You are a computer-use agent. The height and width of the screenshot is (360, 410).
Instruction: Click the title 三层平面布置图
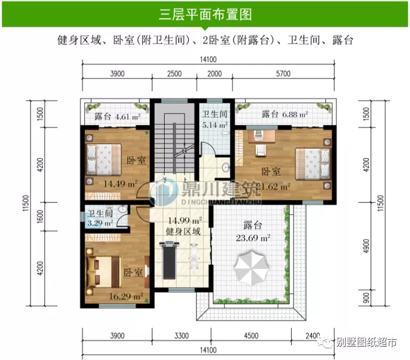tap(205, 14)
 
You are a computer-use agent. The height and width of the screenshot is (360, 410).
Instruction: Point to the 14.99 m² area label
tap(184, 220)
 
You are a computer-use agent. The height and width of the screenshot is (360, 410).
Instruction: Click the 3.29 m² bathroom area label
tap(100, 223)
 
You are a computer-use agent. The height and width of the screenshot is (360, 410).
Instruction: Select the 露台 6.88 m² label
tap(285, 114)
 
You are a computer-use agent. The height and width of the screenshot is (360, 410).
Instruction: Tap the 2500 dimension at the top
tap(174, 74)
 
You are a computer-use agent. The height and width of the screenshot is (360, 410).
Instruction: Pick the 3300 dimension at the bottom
tap(182, 336)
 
